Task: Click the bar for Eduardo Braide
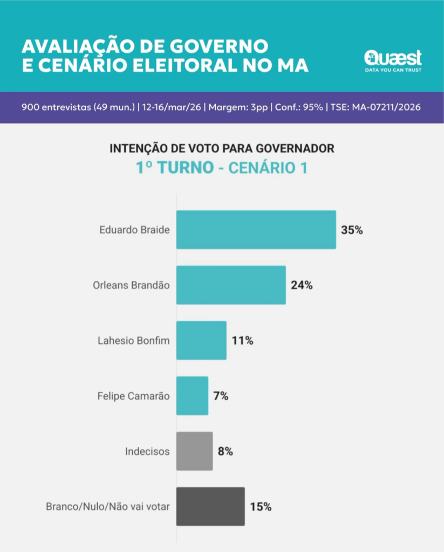pos(256,230)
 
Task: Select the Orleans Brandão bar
pos(231,285)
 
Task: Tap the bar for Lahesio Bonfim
pos(201,341)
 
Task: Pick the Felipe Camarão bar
pos(192,396)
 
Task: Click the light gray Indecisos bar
pos(194,451)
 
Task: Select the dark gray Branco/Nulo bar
pos(210,507)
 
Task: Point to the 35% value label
pos(352,230)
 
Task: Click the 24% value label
pos(302,285)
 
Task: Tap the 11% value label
pos(242,341)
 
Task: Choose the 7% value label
pos(221,396)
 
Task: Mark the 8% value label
pos(226,451)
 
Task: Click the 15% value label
pos(261,507)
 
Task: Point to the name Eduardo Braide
pos(134,230)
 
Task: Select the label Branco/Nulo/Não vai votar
pos(108,507)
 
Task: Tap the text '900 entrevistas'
pos(56,107)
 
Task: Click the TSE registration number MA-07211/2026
pos(387,107)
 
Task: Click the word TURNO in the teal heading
pos(183,168)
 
